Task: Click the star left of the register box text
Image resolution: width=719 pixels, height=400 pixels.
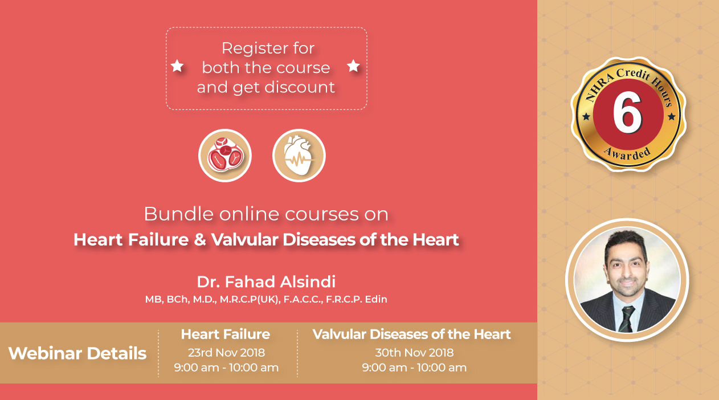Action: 177,66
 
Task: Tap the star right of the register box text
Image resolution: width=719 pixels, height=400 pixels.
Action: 353,66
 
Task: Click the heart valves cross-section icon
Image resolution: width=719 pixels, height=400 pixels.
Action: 225,156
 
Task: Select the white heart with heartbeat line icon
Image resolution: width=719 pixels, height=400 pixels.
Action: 299,156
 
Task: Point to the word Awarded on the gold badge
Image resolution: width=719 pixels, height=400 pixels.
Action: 627,154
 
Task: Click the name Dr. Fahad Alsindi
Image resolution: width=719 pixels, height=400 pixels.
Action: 266,281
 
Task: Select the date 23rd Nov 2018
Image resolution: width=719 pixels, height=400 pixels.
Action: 226,353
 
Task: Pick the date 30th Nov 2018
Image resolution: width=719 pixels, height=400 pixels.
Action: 414,353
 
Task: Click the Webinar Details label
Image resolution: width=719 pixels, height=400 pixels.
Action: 77,353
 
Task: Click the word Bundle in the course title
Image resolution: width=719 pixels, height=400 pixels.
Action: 178,214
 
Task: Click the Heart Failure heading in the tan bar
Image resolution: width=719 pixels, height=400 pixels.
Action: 226,334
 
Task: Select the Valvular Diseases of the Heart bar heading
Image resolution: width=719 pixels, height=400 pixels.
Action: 411,334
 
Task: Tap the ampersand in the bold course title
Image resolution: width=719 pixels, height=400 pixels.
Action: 199,240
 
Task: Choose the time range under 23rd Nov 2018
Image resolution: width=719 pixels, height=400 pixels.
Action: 226,368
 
